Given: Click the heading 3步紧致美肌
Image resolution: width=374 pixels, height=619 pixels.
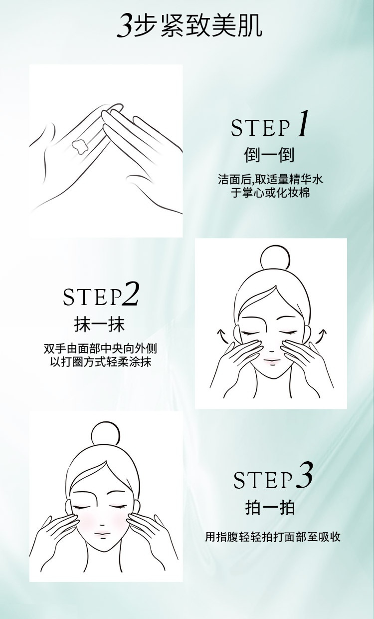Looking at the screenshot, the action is point(189,26).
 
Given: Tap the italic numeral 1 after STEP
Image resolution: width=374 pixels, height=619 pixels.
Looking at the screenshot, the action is point(303,123).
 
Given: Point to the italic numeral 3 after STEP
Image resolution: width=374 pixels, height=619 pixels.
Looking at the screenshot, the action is point(305,475).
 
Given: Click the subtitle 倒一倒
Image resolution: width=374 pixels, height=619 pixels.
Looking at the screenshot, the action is point(269,155).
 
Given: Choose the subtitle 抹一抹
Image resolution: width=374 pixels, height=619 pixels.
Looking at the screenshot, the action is point(99,324).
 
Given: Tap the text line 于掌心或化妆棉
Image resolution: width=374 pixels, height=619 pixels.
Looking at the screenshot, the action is point(270,193).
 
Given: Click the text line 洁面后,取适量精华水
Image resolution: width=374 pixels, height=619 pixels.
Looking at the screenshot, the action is point(270,179).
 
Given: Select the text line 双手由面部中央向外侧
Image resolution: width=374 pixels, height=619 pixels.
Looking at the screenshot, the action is point(100,348).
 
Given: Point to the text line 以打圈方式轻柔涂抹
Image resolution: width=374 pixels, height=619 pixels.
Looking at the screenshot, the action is point(101,362).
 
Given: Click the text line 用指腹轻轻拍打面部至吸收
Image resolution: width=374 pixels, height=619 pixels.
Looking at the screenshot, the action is point(273,537).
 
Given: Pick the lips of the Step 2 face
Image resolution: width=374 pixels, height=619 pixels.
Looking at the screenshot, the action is point(271,360).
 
